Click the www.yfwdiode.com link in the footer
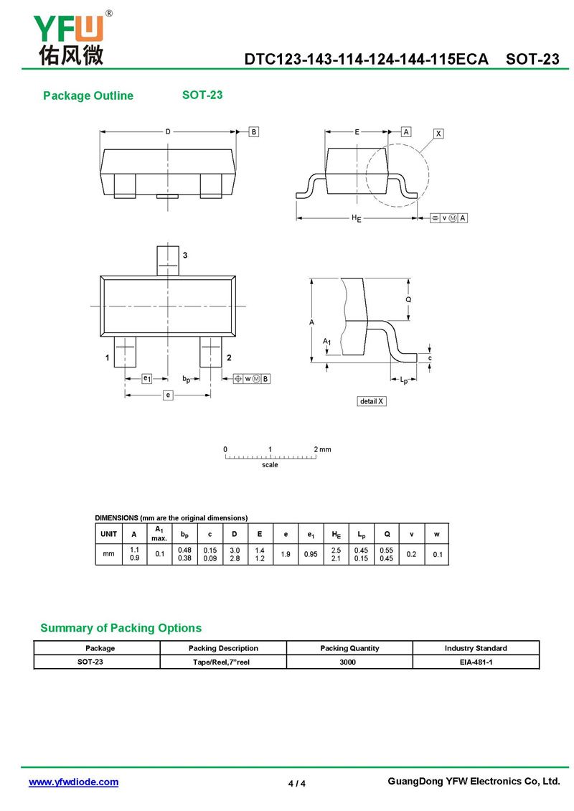pos(73,782)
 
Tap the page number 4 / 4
pos(297,783)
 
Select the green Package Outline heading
pos(88,96)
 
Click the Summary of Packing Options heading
pos(121,628)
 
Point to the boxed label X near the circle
pos(438,133)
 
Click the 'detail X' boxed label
pos(372,401)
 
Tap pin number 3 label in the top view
pos(185,256)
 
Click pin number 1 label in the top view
pos(107,357)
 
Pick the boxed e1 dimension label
pos(146,378)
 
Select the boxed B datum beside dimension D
pos(253,132)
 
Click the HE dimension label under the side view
pos(356,218)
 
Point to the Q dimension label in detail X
pos(408,299)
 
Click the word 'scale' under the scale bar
pos(270,465)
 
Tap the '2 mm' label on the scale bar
pos(322,449)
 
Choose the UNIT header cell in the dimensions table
pos(109,534)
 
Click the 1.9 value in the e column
pos(285,554)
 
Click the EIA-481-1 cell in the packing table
pos(476,662)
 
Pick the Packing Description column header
pos(223,648)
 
